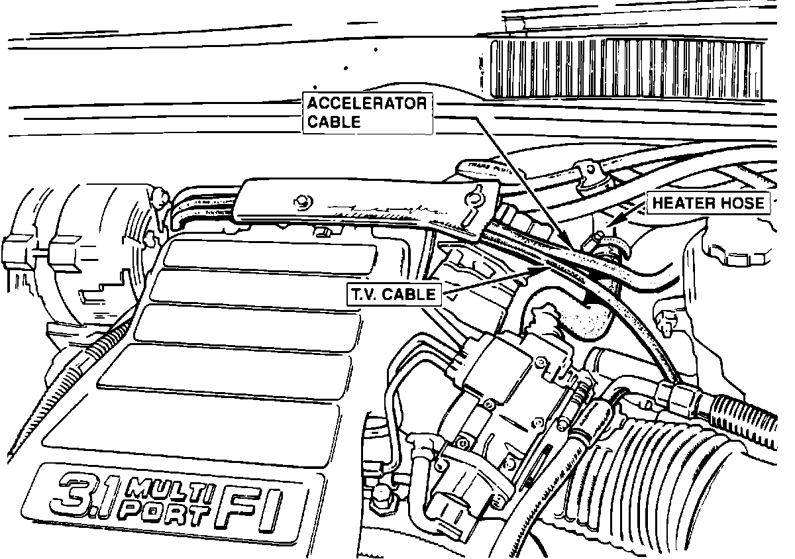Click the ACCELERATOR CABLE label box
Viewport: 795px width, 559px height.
click(366, 113)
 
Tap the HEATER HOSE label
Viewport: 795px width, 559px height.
click(708, 203)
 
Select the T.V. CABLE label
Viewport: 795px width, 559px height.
click(393, 295)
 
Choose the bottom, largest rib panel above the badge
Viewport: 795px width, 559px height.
click(192, 424)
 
